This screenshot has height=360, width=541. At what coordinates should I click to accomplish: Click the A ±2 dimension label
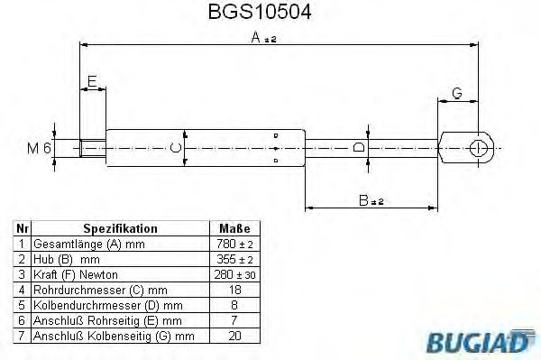click(262, 37)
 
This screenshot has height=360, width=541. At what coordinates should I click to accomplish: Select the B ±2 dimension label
click(371, 201)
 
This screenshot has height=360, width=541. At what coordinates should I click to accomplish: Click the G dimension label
click(457, 93)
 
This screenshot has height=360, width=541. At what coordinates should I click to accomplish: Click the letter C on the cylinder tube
click(178, 147)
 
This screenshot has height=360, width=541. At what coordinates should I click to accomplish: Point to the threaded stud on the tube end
click(92, 147)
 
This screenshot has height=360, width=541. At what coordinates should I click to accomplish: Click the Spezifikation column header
click(120, 229)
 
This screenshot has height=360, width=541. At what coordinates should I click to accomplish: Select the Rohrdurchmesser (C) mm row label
click(99, 289)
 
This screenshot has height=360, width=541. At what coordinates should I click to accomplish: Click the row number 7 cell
click(21, 335)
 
